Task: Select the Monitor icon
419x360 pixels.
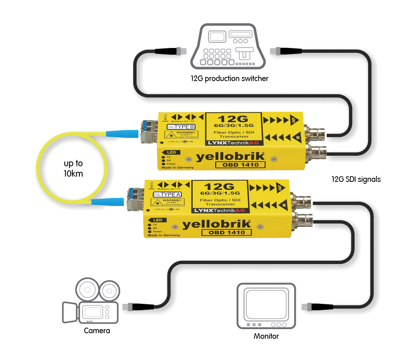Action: point(266,306)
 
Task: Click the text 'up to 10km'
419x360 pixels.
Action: point(73,168)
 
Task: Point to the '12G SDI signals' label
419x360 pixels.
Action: point(356,179)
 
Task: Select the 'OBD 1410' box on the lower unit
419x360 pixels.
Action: point(226,232)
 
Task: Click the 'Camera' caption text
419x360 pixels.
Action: point(97,331)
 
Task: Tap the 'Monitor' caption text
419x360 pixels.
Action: point(266,336)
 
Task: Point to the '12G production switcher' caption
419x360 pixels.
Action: point(229,78)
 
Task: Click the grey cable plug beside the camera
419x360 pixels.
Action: point(133,306)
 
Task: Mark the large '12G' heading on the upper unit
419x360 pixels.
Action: point(234,119)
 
